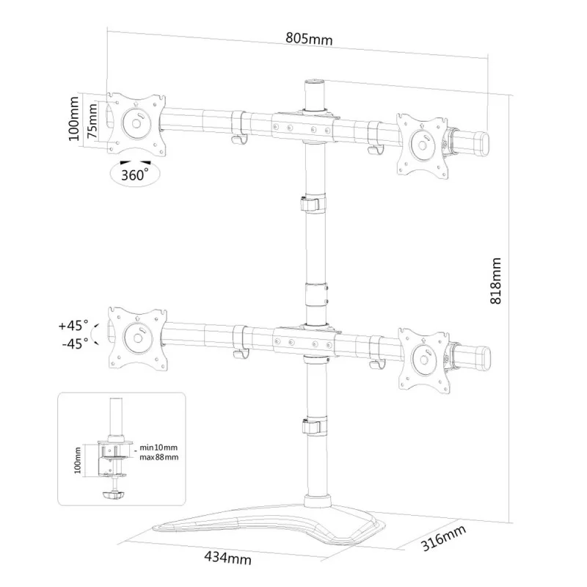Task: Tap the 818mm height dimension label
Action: [497, 280]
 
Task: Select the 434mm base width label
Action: [228, 559]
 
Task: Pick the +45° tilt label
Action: [73, 324]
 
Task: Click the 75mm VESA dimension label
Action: [92, 120]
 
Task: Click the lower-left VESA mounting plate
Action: [136, 338]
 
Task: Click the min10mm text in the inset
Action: [159, 447]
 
